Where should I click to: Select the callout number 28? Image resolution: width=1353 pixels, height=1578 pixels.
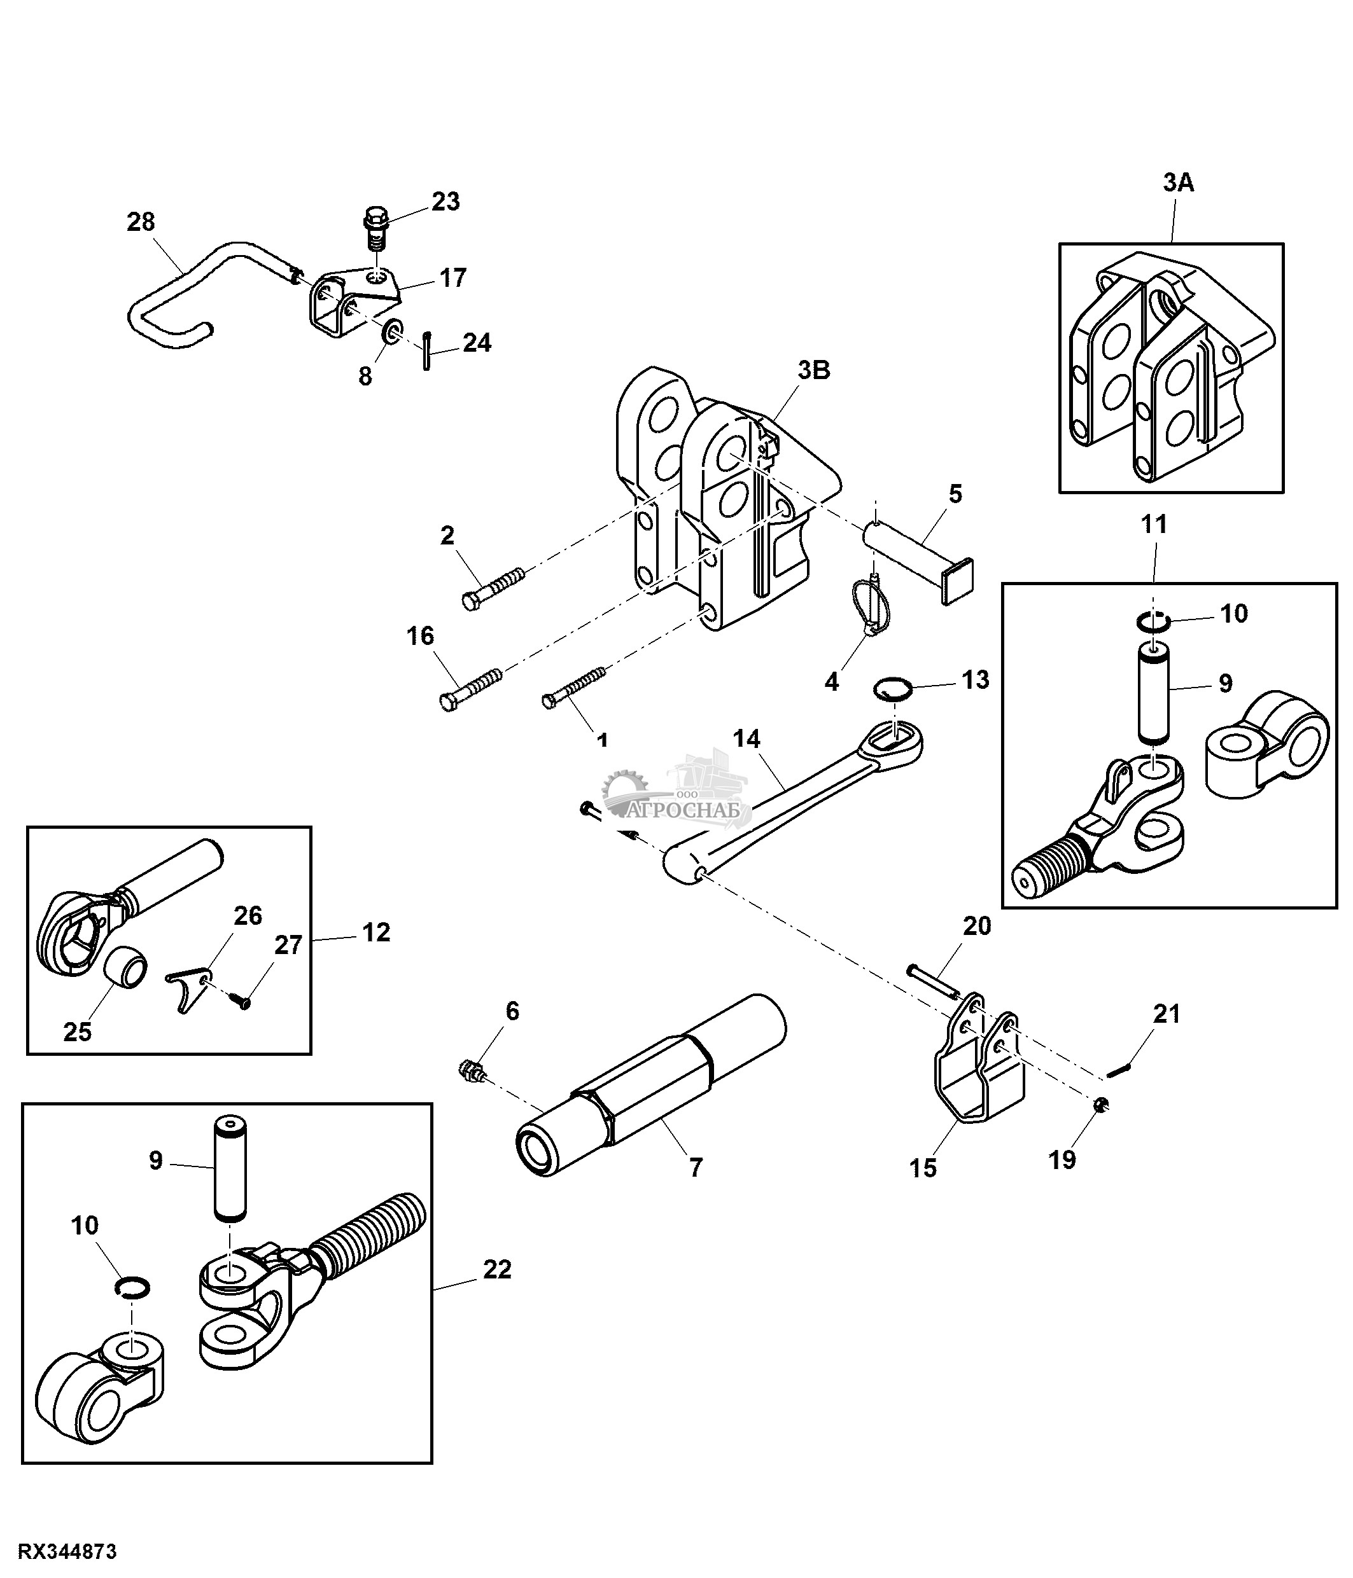point(141,223)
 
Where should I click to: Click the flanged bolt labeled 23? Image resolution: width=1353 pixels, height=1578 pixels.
point(375,226)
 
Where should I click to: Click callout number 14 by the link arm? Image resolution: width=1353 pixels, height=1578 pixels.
point(747,738)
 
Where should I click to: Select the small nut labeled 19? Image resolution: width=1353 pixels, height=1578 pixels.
point(1100,1107)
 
